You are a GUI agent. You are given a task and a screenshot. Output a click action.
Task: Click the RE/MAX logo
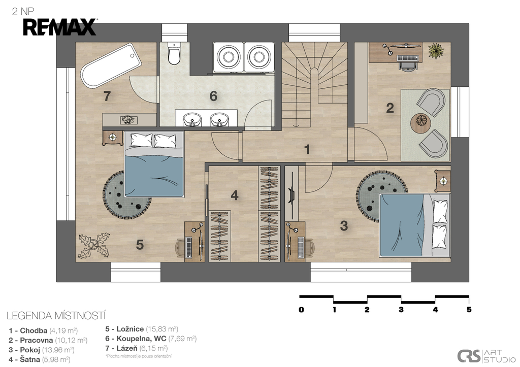click(x=60, y=27)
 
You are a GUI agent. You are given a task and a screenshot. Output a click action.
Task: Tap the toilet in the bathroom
click(x=174, y=53)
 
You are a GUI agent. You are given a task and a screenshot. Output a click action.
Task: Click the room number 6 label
click(x=213, y=96)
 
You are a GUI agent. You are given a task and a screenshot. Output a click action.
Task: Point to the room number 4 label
click(x=235, y=195)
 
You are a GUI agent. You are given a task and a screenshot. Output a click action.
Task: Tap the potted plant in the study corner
click(x=436, y=50)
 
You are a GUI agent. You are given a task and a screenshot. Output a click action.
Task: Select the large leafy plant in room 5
click(x=94, y=245)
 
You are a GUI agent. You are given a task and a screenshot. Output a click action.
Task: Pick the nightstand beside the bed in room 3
click(x=443, y=181)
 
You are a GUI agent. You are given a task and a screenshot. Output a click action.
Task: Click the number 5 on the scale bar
click(x=469, y=310)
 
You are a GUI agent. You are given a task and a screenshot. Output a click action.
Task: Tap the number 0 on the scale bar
click(x=301, y=310)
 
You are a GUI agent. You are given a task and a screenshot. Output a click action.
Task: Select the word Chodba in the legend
click(x=34, y=330)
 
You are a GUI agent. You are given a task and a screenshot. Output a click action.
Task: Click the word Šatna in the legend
click(x=30, y=359)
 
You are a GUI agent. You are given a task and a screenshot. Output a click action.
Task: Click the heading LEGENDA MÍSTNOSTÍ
click(x=56, y=316)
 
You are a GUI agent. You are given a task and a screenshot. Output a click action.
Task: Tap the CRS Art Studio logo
click(x=486, y=356)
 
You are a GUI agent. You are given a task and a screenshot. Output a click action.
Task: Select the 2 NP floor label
click(x=23, y=12)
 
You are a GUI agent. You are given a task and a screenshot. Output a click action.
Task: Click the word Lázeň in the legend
click(x=126, y=348)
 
